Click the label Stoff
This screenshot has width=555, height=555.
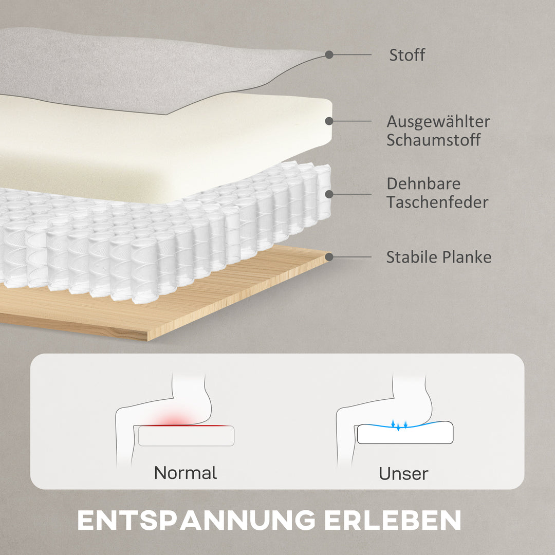pos(407,55)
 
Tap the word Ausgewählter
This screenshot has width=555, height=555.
pos(438,122)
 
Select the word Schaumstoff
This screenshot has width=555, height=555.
pos(434,140)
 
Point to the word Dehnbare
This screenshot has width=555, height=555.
pos(423,183)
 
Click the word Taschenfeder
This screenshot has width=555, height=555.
pos(437,202)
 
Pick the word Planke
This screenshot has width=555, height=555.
pos(467,257)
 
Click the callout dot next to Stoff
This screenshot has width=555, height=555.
pos(329,54)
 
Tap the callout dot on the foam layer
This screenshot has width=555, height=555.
pos(329,121)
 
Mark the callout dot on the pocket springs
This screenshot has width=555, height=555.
pos(329,194)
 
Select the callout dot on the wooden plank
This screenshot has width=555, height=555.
pos(329,256)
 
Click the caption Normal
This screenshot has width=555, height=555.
pos(186,473)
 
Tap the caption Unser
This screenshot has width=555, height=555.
pos(403,474)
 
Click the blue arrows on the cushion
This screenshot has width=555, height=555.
pos(399,425)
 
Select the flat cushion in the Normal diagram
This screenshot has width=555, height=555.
pos(186,436)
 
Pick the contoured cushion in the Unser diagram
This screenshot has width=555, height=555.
pos(405,433)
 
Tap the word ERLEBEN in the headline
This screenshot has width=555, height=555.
pos(393,520)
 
